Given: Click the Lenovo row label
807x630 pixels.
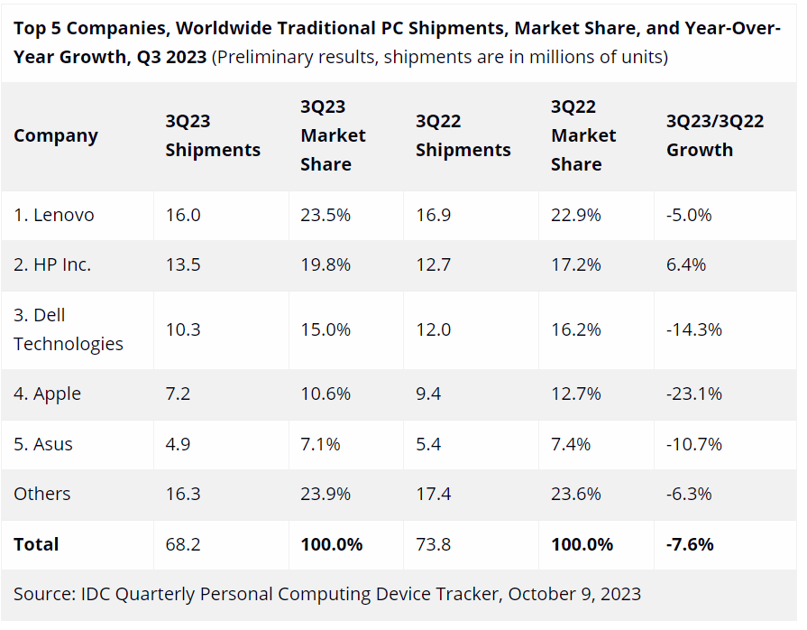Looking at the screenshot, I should pos(54,215).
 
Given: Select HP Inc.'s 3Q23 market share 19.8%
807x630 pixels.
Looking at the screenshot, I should pos(326,264).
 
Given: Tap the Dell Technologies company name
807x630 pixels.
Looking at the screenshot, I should pos(69,329).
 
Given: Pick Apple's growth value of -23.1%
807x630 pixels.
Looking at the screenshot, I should pos(694,394).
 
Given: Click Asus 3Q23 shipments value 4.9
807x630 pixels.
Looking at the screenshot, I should pos(178,444).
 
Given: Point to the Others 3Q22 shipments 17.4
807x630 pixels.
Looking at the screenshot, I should pos(434,494).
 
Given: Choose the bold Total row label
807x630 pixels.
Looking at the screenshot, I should pos(36,544).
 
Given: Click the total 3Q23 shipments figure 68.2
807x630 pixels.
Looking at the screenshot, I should pos(183,544).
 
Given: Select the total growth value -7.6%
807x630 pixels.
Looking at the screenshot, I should pos(690,544).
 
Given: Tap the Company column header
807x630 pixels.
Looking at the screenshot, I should pos(56,135).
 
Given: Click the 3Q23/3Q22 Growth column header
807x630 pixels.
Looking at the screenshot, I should pos(715,135).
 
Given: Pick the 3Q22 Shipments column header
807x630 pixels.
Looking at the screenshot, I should pos(463,135).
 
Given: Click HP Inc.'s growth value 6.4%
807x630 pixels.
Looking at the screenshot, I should pos(686,264).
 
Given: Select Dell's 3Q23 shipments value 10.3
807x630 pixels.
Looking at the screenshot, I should pos(183,329).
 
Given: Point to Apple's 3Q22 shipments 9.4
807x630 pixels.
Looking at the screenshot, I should pos(428,394).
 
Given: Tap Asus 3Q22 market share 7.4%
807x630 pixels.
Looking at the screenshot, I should pos(571,444).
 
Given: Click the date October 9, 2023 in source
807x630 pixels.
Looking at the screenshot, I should pos(574,594).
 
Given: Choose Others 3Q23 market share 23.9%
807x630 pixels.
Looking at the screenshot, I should pos(326,494).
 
